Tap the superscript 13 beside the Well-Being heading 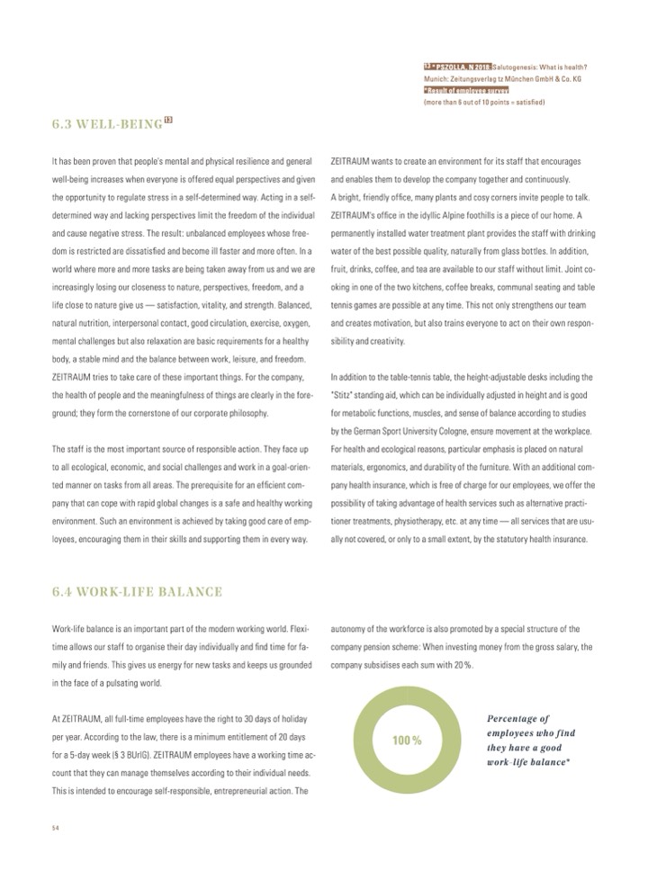tap(168, 119)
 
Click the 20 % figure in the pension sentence tap(459, 664)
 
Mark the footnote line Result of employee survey tap(467, 91)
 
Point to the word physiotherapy tap(440, 521)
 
